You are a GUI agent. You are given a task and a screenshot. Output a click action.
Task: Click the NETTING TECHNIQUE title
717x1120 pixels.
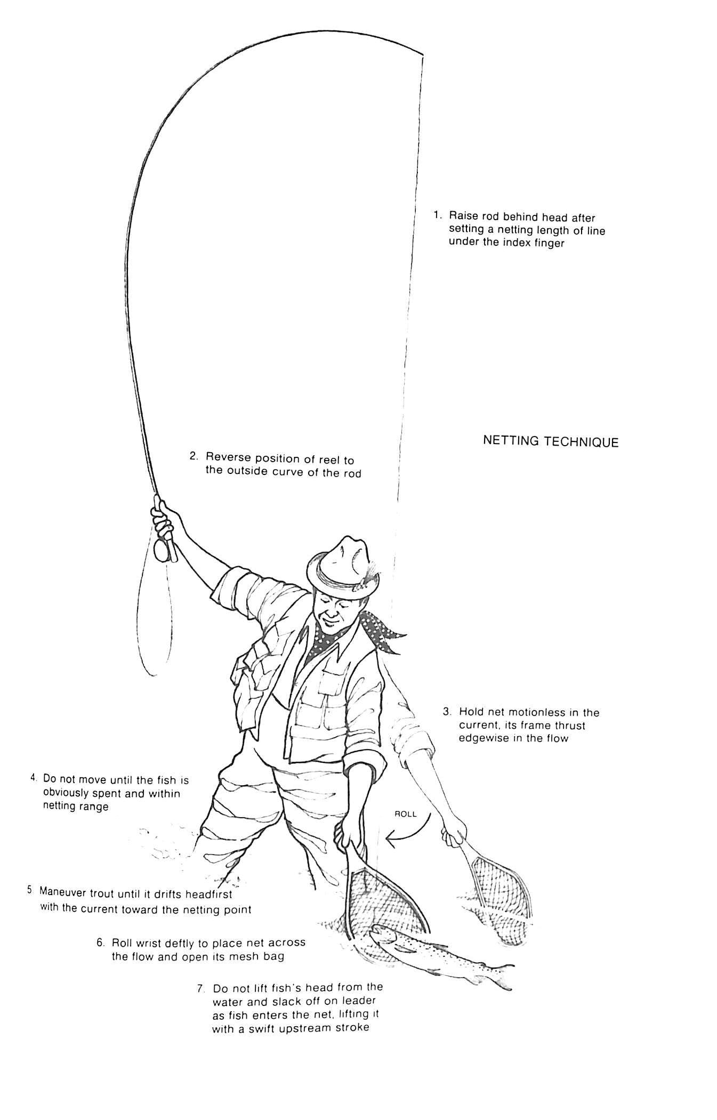(x=550, y=441)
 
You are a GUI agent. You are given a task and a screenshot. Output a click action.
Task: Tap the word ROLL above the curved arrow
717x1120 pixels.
(x=405, y=814)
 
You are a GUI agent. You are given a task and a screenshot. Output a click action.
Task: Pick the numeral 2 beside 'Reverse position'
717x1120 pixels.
(x=194, y=456)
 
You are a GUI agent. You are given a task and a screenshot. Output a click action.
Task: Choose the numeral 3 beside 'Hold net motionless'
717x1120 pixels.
(x=448, y=712)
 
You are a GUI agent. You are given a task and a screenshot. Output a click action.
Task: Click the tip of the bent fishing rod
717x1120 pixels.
(x=423, y=55)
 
